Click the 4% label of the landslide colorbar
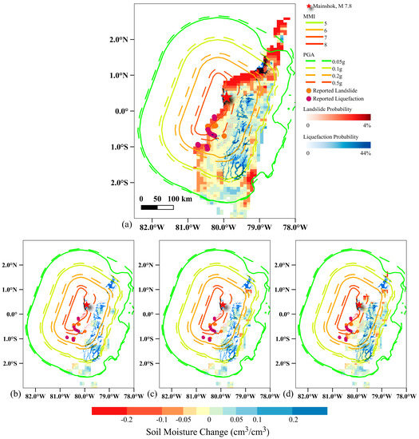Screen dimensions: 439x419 [367, 126]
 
